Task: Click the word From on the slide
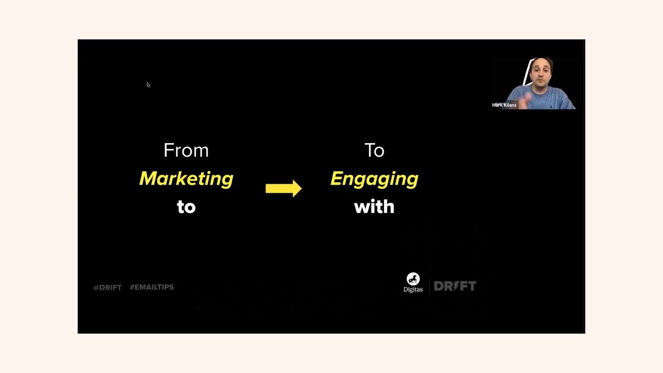click(186, 150)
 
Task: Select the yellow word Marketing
click(186, 179)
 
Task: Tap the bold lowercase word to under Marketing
click(186, 207)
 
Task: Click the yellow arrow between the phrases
click(284, 188)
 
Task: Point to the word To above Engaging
click(374, 150)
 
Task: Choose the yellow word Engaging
click(374, 179)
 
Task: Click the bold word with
click(374, 207)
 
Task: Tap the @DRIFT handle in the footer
click(107, 287)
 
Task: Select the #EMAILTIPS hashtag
click(152, 287)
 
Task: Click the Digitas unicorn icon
click(413, 279)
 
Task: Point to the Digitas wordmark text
click(413, 289)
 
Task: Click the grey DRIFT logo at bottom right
click(455, 286)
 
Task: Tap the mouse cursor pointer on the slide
click(148, 85)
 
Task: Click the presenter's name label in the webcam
click(504, 105)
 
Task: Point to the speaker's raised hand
click(528, 98)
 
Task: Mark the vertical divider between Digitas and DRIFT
click(430, 286)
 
